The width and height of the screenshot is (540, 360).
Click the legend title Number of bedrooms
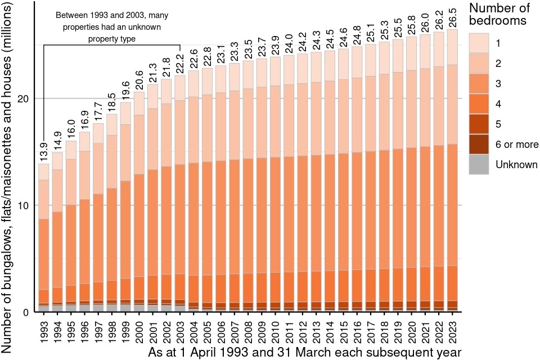point(498,15)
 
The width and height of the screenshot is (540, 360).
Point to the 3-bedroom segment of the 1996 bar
point(84,242)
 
